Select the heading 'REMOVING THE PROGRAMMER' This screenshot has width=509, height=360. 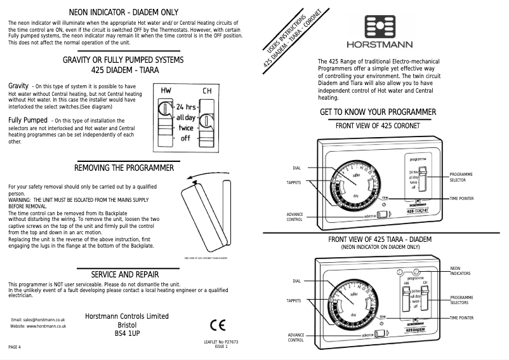coord(124,168)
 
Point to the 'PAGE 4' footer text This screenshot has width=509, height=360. coord(15,347)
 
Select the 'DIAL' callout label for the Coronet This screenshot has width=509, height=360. coord(296,168)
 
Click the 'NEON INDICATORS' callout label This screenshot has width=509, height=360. coord(460,271)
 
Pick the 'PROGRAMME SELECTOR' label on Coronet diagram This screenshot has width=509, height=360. coord(461,177)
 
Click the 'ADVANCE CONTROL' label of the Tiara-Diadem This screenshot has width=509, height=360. coord(296,337)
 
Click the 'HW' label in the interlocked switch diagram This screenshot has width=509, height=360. coord(166,91)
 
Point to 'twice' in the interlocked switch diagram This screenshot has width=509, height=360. coord(185,127)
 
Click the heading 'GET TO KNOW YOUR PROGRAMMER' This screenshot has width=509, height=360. coord(378,112)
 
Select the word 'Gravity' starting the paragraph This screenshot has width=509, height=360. coord(18,85)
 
